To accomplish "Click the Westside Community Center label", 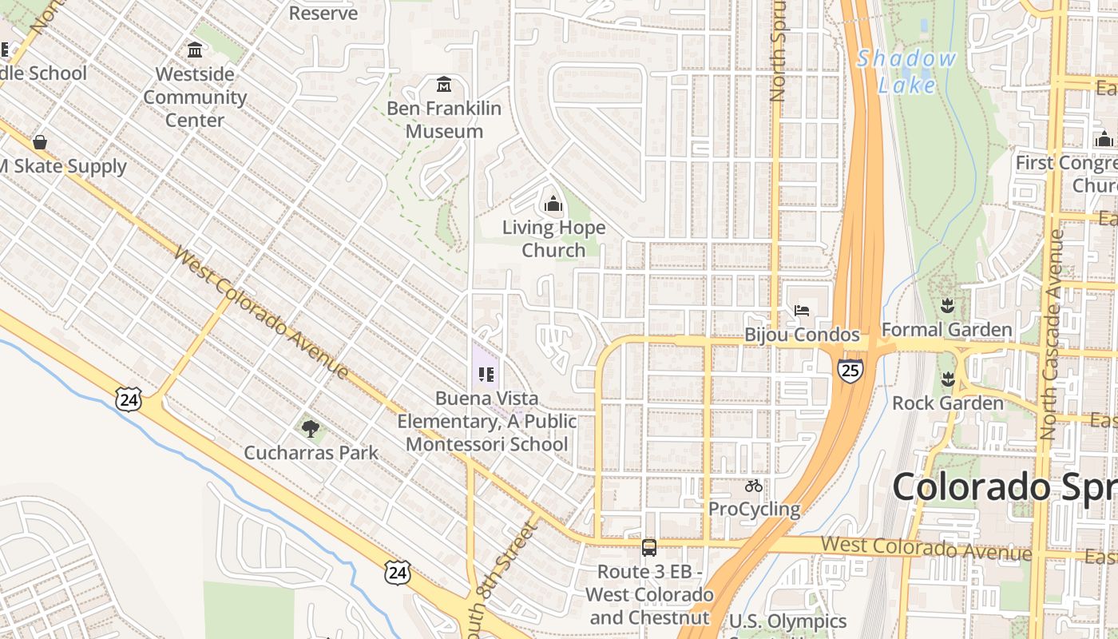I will (195, 97).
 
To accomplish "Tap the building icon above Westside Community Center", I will (195, 51).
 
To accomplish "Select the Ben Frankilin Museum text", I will (444, 120).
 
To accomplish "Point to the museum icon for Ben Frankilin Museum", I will (444, 84).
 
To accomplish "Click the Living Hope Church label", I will (553, 239).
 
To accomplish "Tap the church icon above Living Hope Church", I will (553, 204).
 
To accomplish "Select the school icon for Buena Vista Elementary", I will (486, 374).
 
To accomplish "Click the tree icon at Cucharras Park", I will (311, 429).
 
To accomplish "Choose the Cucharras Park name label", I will (311, 453).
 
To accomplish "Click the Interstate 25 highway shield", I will (850, 370).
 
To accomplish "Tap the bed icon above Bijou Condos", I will (802, 310).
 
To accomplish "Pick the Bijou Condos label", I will (802, 335).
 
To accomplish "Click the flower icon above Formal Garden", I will (947, 305).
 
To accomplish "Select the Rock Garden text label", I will (947, 403).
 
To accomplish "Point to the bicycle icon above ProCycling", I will (753, 486).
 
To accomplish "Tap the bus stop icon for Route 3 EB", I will (649, 548).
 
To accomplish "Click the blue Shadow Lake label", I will (906, 71).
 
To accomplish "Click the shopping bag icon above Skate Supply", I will (39, 142).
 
